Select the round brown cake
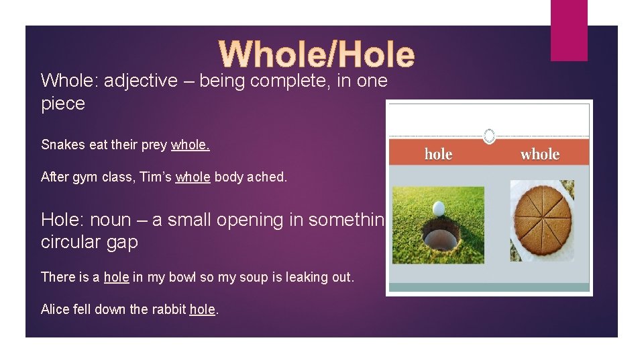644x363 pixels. click(541, 220)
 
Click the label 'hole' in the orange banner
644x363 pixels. click(438, 154)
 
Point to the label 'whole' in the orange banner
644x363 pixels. click(539, 154)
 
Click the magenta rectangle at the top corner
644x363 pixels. click(568, 30)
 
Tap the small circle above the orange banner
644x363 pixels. click(489, 135)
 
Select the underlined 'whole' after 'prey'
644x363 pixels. click(190, 145)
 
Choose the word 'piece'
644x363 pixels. click(63, 104)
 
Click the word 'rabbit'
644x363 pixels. click(168, 309)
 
